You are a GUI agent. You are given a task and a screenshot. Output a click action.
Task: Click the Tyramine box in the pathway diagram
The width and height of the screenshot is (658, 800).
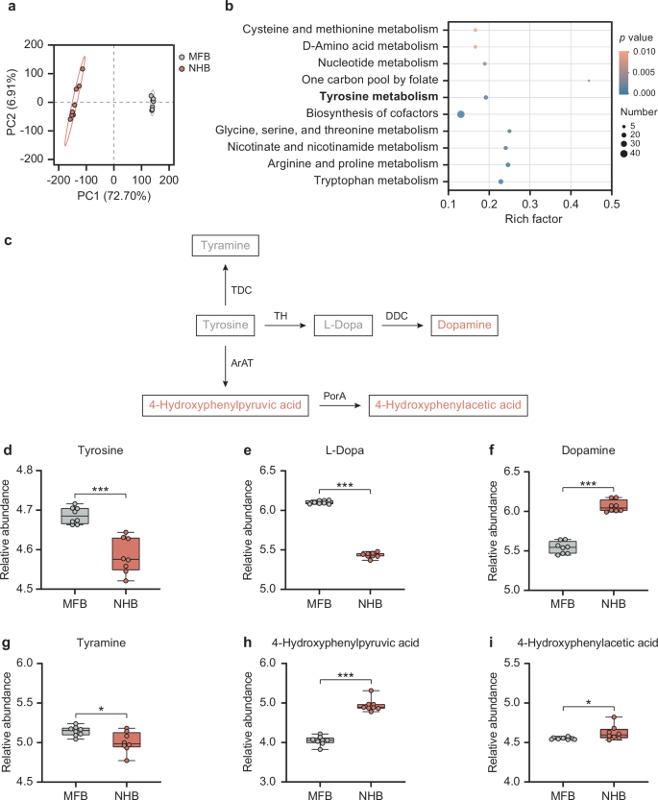225,247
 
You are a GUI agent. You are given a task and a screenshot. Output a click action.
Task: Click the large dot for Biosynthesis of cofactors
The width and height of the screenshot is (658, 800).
461,114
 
